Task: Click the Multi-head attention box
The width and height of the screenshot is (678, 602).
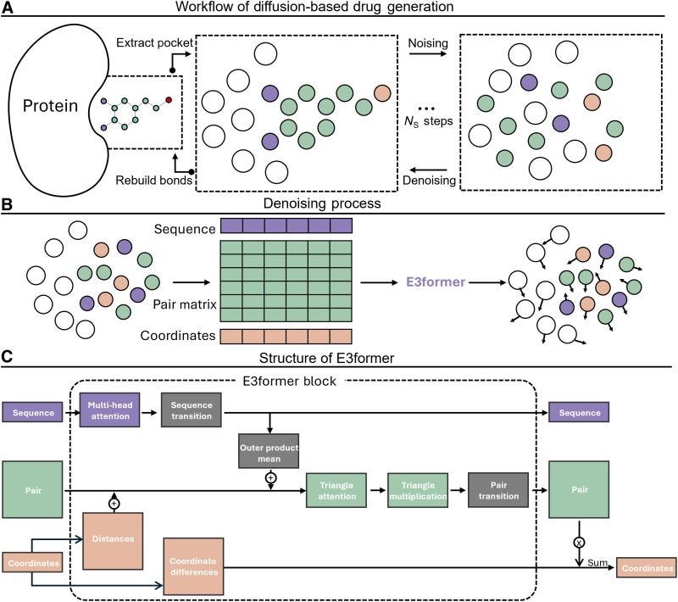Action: click(107, 412)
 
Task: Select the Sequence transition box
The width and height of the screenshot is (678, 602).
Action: click(191, 412)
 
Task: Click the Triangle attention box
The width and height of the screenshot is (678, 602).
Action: click(336, 489)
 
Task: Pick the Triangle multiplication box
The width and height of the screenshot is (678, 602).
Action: click(416, 489)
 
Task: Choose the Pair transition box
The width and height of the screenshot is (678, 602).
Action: click(497, 489)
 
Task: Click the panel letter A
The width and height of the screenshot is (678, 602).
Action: click(7, 8)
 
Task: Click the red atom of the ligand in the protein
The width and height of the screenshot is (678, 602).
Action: click(169, 100)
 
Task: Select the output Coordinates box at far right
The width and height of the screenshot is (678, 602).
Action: click(646, 568)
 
